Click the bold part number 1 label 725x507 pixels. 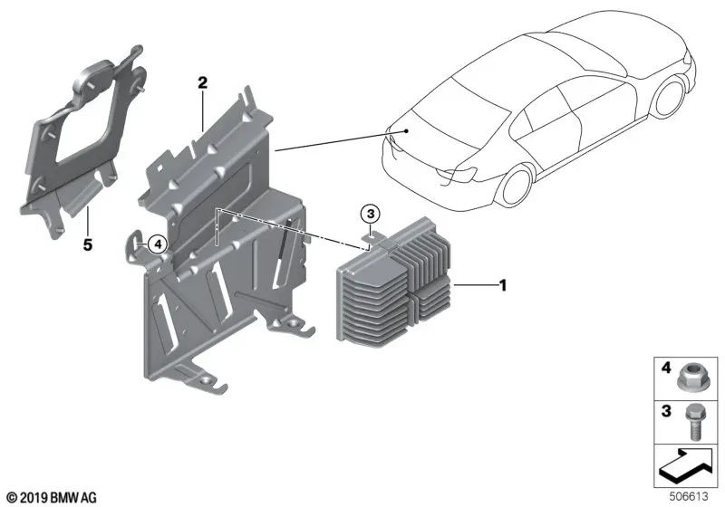[503, 285]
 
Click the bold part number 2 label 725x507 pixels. [202, 83]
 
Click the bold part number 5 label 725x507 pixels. [88, 244]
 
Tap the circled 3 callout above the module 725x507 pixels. [370, 215]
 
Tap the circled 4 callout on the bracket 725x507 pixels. [158, 244]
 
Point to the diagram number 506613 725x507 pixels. [689, 496]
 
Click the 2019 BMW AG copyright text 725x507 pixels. [53, 498]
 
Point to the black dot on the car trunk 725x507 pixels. [406, 130]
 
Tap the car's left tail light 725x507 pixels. [457, 174]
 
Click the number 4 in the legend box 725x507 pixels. [666, 368]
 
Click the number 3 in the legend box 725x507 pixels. [666, 410]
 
